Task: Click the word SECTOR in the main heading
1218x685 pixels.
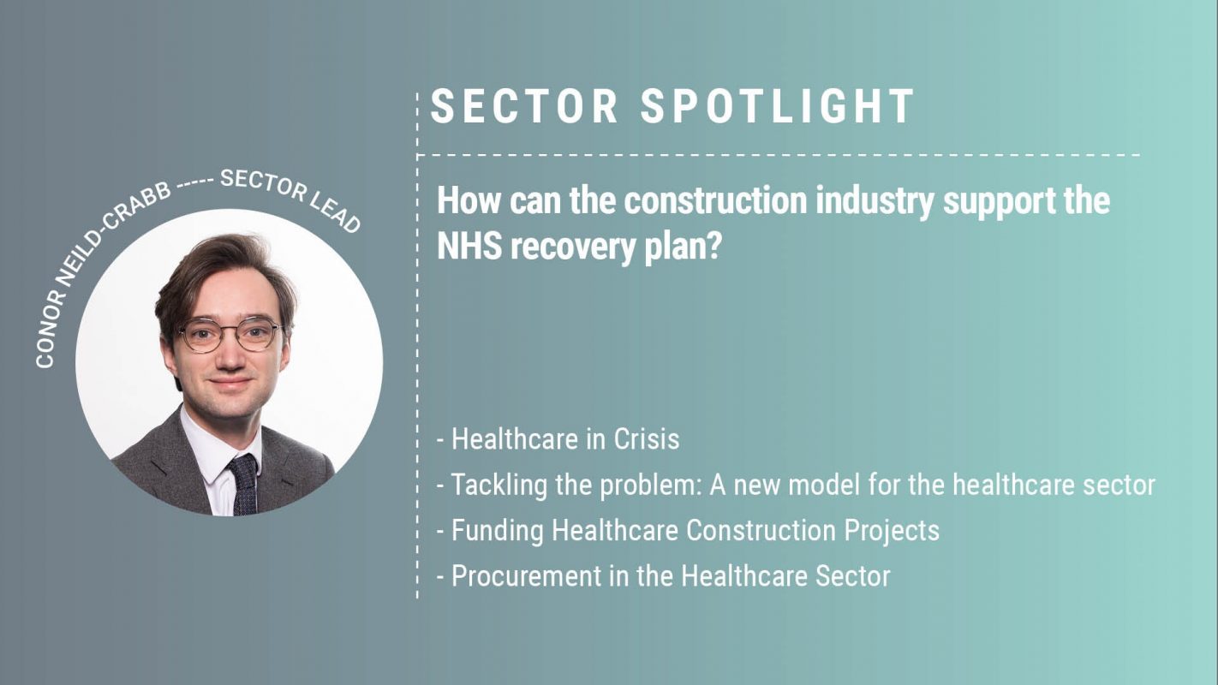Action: tap(524, 107)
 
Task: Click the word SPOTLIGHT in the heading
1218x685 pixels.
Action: tap(778, 107)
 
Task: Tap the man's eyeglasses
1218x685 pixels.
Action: tap(230, 334)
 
